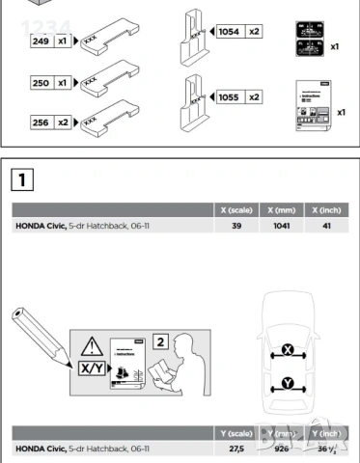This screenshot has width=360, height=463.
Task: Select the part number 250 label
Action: [x=42, y=84]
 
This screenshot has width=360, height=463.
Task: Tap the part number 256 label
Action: [x=42, y=123]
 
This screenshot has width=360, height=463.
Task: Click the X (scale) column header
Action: [x=236, y=210]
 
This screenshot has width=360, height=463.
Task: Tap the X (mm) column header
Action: [x=283, y=210]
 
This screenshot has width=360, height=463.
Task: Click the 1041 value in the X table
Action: [x=283, y=226]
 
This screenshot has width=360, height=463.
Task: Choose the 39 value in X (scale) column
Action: [x=237, y=226]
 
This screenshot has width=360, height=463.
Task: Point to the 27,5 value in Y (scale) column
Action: [x=237, y=449]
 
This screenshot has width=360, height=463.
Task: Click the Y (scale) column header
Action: [x=236, y=433]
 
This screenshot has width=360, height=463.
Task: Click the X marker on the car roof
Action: [x=289, y=348]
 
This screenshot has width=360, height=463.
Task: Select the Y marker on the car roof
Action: [x=288, y=384]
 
